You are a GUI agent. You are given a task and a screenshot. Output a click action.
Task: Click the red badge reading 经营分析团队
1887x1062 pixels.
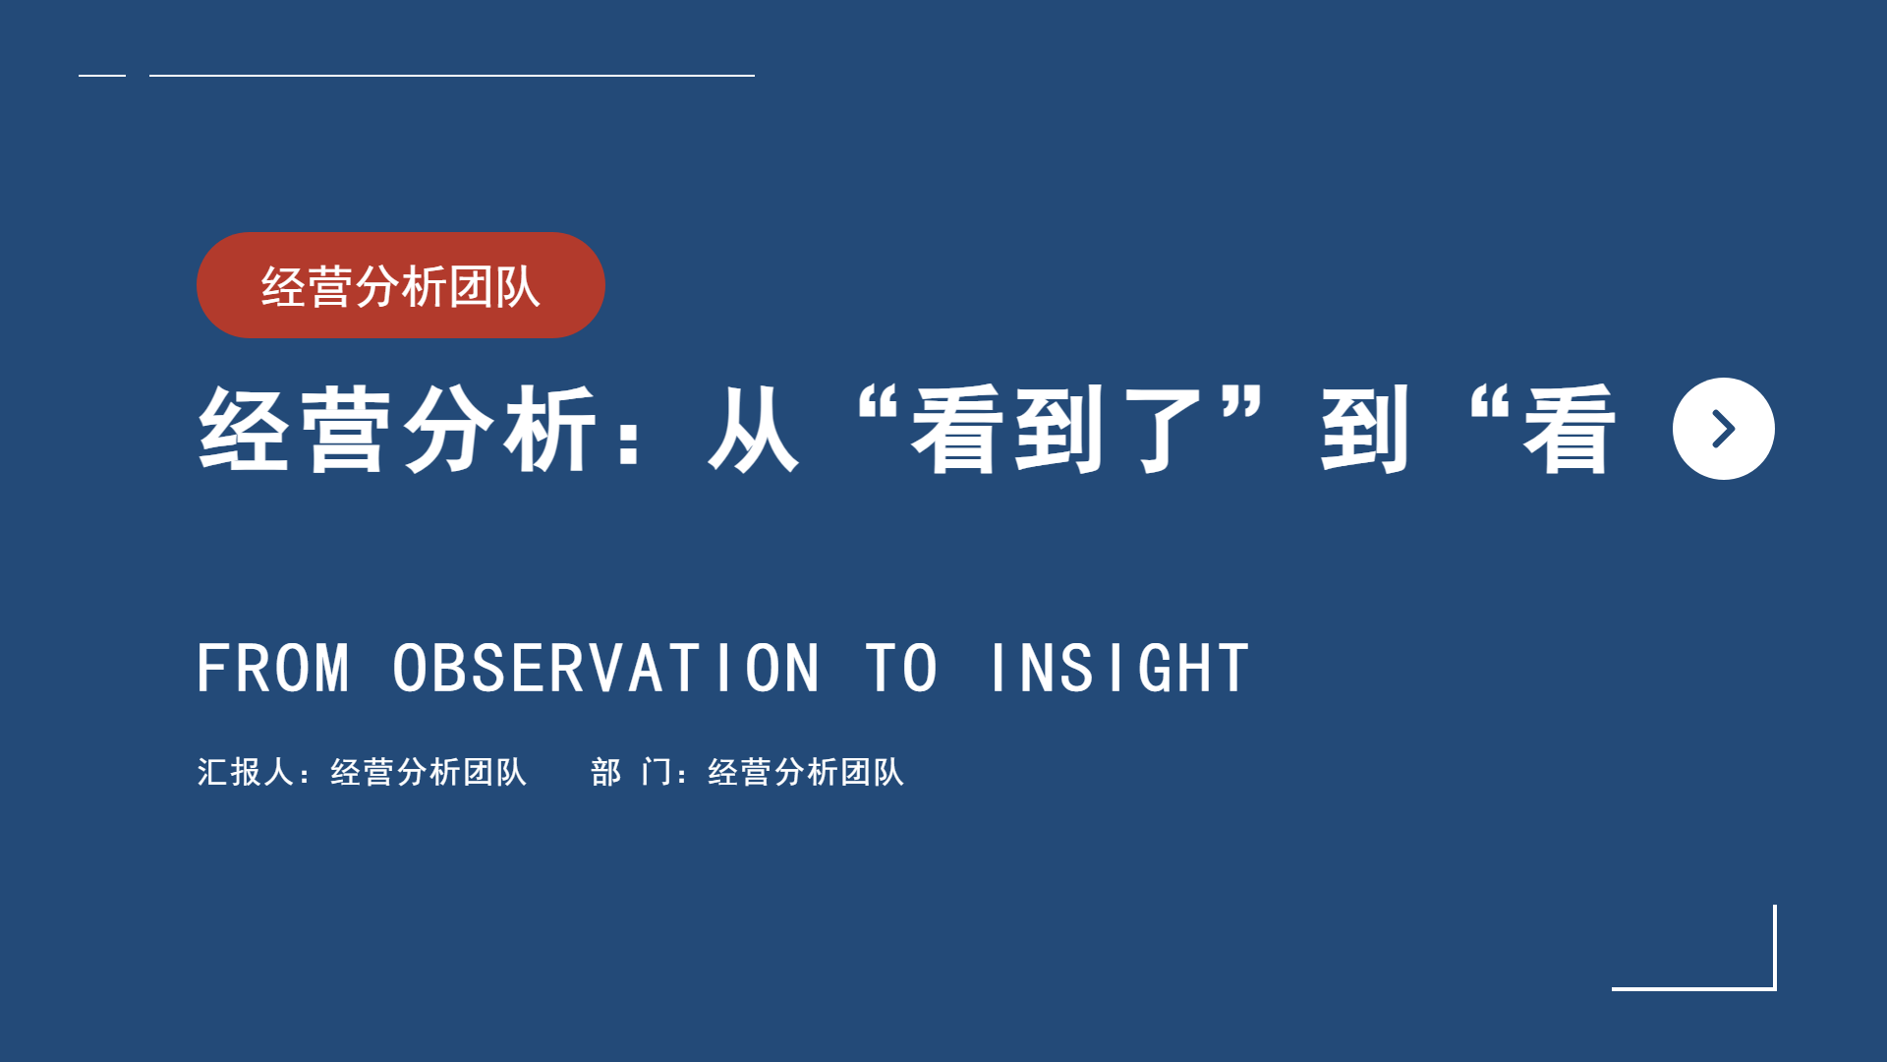(400, 285)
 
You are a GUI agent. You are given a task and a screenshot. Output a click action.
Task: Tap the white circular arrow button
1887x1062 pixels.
(1723, 429)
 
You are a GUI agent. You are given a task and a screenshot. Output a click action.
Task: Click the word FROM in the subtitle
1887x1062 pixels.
(273, 669)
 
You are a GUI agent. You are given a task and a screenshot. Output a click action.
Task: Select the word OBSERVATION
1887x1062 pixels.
(605, 669)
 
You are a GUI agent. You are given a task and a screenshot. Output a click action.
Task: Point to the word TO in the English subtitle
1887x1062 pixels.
(901, 669)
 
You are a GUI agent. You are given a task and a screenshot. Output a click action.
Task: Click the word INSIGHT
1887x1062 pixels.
(1119, 669)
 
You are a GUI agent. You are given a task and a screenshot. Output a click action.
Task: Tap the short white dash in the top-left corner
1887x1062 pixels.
(102, 75)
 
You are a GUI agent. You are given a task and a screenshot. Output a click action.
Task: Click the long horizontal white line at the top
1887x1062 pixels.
(452, 75)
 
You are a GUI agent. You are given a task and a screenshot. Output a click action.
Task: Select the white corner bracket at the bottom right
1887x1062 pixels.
(1774, 987)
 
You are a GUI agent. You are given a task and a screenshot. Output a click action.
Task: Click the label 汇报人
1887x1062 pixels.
(245, 772)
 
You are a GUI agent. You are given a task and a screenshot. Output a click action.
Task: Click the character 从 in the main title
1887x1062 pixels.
(753, 430)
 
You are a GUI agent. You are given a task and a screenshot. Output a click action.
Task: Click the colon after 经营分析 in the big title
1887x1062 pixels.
(630, 439)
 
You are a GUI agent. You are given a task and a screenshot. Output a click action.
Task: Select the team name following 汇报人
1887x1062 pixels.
(429, 772)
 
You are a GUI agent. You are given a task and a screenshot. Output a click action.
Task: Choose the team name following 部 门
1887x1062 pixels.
(806, 772)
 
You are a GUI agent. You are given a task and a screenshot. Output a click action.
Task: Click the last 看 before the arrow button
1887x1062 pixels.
(1570, 430)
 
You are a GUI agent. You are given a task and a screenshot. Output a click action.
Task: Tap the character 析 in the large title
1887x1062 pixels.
(550, 430)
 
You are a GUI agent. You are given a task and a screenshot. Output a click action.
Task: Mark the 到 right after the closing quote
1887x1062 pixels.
(1365, 430)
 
